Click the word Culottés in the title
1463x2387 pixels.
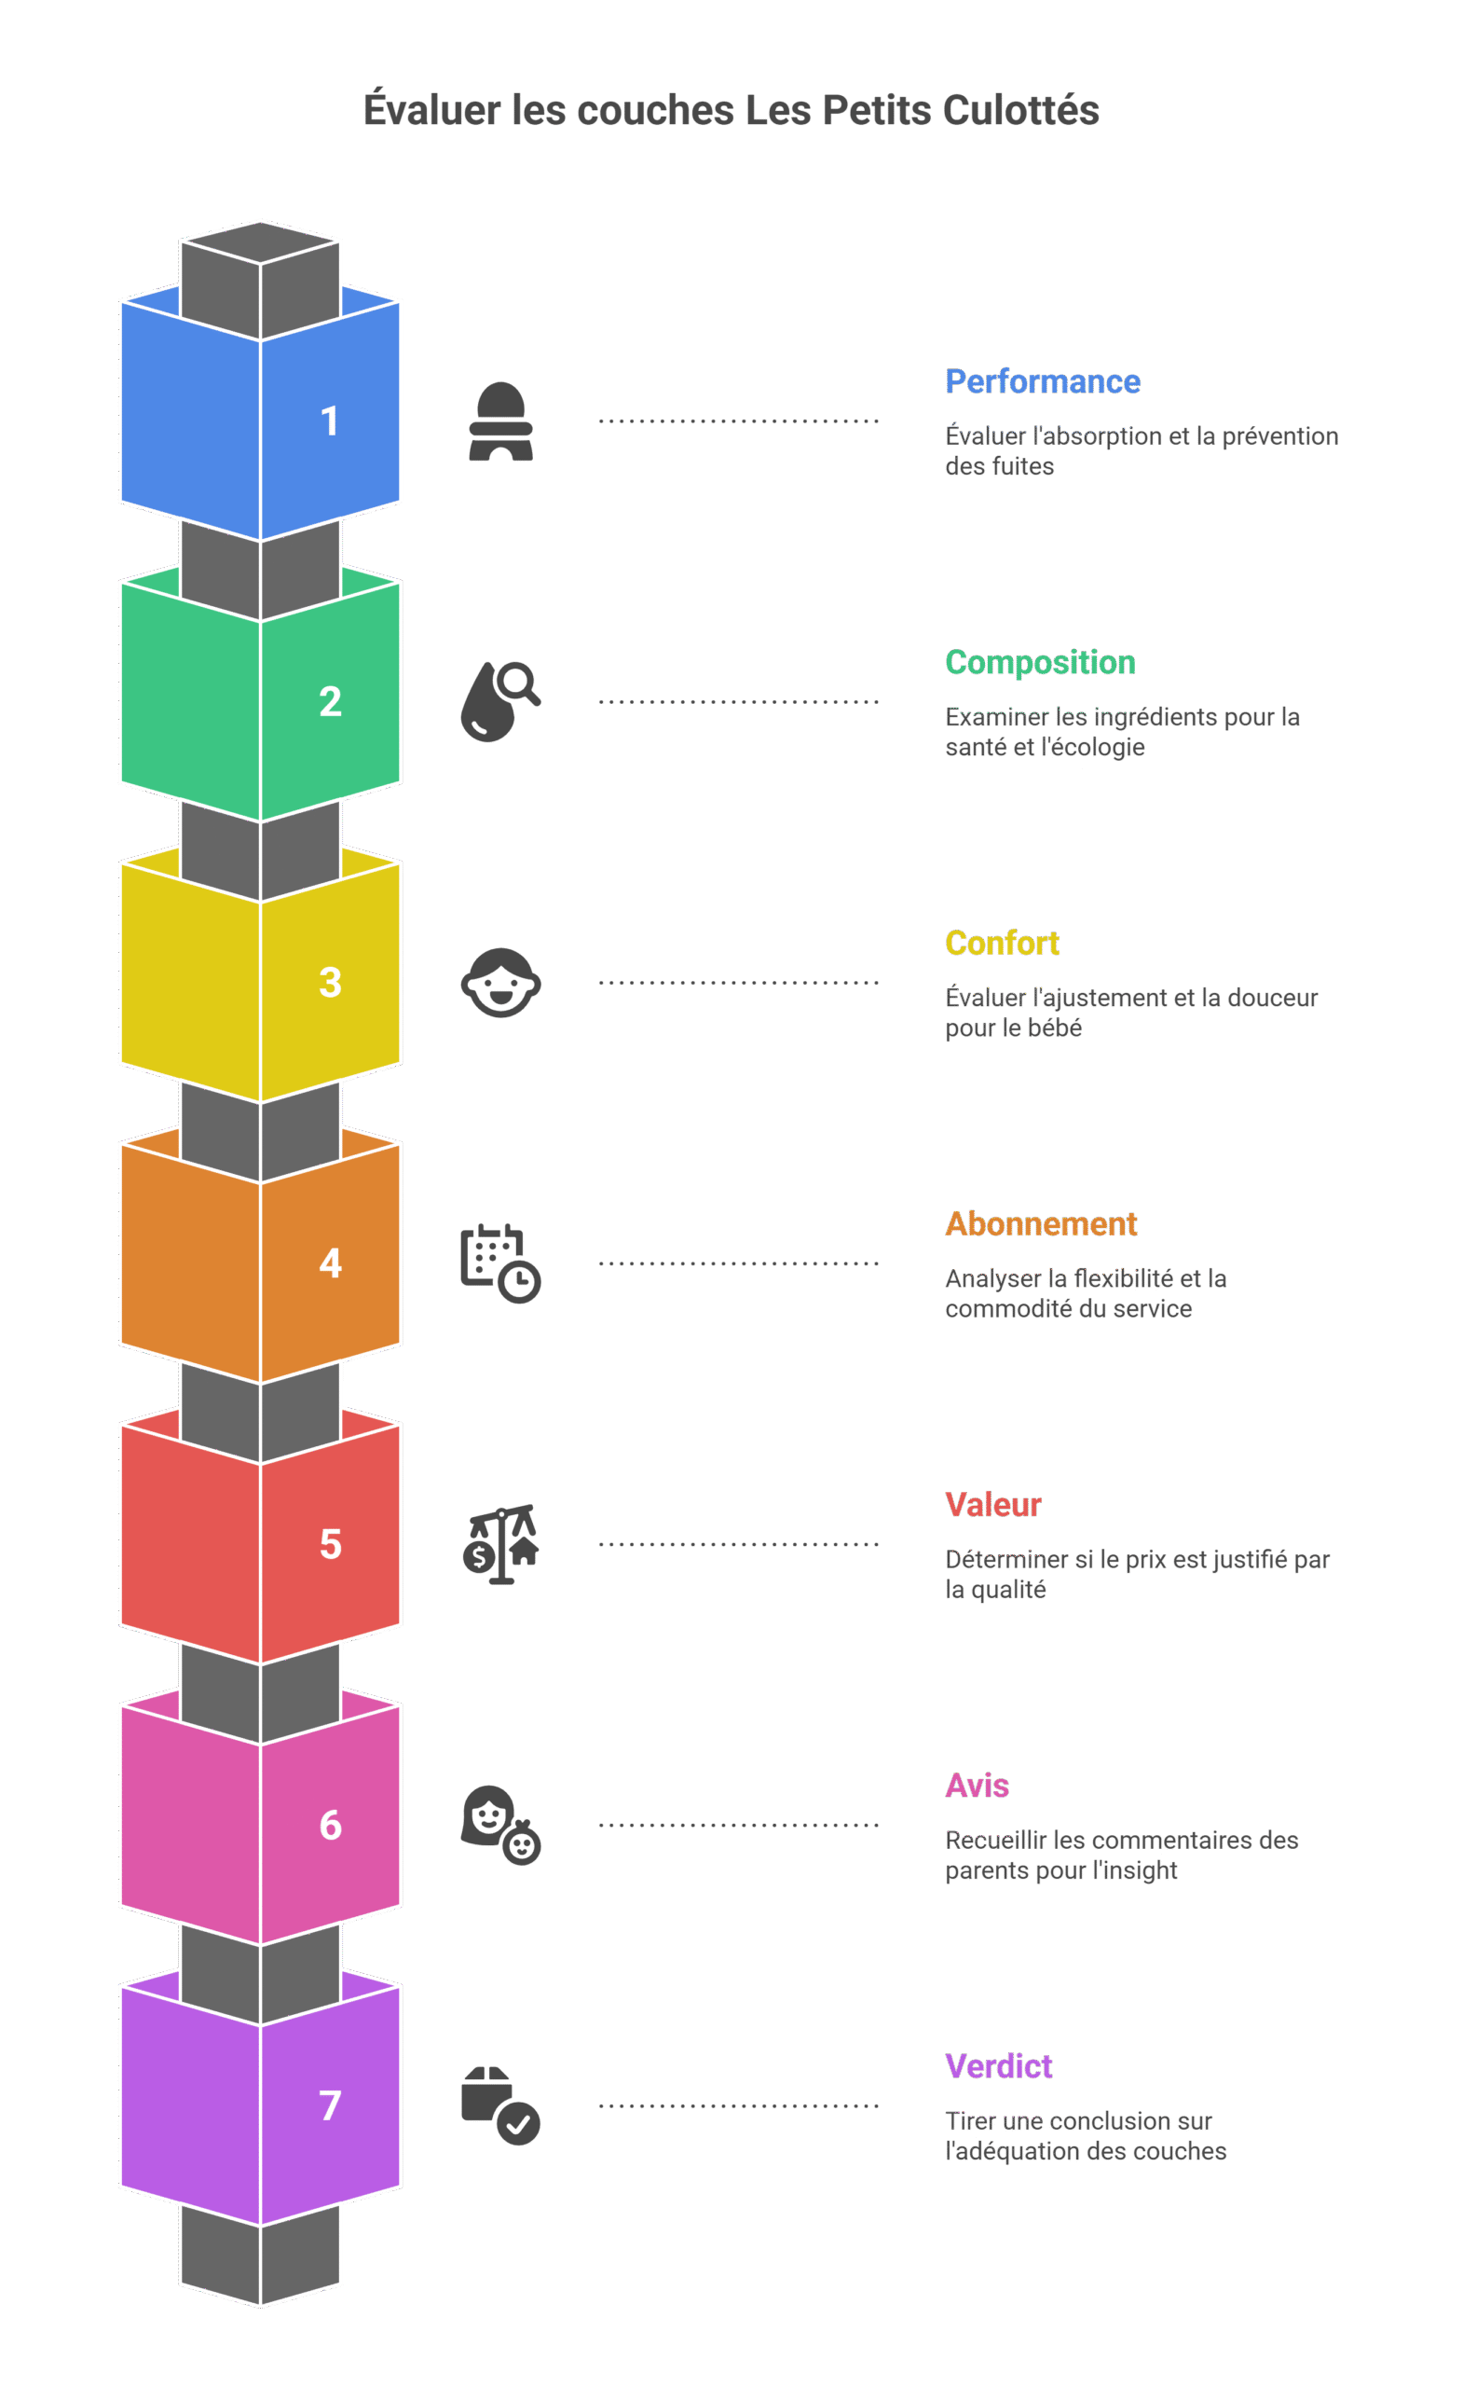(x=1020, y=109)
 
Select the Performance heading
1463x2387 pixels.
(x=1043, y=381)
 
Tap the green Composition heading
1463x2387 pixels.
(x=1040, y=663)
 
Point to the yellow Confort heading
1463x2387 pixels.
(x=1002, y=943)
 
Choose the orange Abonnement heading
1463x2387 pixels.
(x=1041, y=1223)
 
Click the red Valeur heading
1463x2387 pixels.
(x=993, y=1505)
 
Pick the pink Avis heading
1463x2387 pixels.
(x=977, y=1786)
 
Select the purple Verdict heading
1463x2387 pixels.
(x=998, y=2066)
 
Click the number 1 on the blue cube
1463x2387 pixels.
(x=330, y=421)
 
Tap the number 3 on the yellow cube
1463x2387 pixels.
(x=330, y=983)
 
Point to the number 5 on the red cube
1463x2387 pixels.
(x=330, y=1544)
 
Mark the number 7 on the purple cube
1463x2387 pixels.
(x=330, y=2105)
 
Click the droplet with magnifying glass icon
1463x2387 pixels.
(x=500, y=701)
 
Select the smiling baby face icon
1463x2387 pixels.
(x=500, y=983)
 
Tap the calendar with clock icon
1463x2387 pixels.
(x=500, y=1263)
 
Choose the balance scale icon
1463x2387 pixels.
(x=500, y=1544)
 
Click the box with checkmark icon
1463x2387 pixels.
(x=500, y=2106)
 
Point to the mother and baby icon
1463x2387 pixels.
(x=500, y=1825)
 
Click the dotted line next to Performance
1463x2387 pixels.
(x=739, y=421)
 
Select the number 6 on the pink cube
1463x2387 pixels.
(x=330, y=1825)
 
